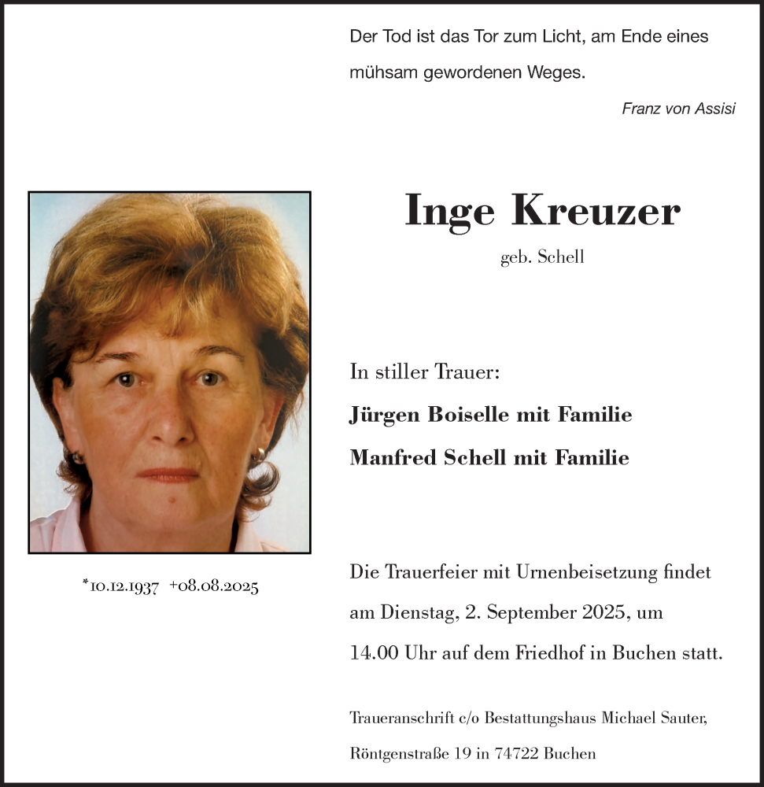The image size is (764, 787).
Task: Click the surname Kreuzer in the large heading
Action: (596, 211)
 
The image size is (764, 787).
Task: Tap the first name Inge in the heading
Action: (449, 211)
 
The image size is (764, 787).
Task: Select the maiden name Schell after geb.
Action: (561, 257)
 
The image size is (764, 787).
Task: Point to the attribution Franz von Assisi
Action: (678, 109)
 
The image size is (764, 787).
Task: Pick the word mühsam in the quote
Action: (383, 73)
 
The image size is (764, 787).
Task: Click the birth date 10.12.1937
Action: (122, 587)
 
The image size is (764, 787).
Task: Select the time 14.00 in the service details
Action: (374, 654)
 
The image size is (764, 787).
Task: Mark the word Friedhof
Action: (548, 654)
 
